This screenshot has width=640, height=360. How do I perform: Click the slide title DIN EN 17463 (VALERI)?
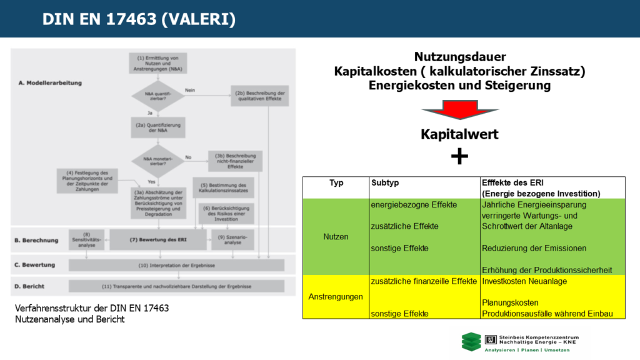(139, 19)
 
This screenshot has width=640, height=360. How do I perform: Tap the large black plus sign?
(459, 156)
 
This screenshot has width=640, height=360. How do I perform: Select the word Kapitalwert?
(459, 134)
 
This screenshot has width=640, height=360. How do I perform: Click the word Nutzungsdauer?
(459, 57)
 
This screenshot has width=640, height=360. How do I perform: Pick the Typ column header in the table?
(336, 182)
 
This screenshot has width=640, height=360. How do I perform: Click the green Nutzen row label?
(336, 237)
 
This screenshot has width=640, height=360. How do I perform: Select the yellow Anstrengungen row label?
(336, 296)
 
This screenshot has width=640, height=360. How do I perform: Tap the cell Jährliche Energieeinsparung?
(534, 204)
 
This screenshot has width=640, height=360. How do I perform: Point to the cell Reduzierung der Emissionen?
(534, 248)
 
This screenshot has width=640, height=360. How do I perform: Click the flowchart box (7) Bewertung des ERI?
(157, 238)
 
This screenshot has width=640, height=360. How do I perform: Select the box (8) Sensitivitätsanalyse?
(86, 238)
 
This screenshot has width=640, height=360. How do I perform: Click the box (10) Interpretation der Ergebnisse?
(176, 266)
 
